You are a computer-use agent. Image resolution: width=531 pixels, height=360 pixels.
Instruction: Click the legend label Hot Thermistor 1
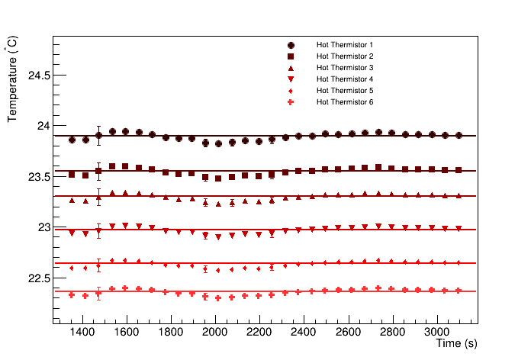click(x=345, y=45)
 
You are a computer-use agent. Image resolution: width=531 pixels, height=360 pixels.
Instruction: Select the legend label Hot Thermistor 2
click(x=345, y=56)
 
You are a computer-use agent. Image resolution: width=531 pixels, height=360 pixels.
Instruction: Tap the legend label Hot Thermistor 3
click(x=345, y=68)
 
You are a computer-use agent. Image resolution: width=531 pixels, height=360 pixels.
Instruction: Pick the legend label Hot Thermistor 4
click(x=345, y=79)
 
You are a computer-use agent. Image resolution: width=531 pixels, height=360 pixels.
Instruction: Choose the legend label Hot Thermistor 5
click(x=345, y=91)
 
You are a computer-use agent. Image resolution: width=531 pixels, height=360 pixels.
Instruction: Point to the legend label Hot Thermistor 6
click(x=345, y=102)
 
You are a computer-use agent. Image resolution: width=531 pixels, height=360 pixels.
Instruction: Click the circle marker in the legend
click(x=291, y=45)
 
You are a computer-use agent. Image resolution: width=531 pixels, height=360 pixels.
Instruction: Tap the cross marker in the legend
click(x=291, y=102)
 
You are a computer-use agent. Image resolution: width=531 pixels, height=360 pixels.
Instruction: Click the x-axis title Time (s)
click(x=456, y=345)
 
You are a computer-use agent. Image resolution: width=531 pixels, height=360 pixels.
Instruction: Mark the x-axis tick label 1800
click(x=171, y=333)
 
